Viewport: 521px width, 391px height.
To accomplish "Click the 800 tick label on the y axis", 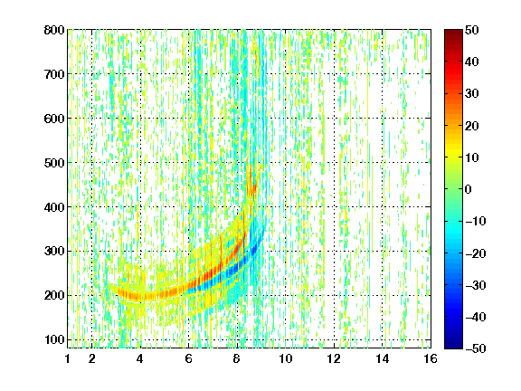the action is (54, 30).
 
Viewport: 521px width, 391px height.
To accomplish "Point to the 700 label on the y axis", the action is (54, 74).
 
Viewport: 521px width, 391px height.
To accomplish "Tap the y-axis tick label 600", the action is (54, 119).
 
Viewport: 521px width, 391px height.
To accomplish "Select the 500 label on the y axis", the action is (54, 163).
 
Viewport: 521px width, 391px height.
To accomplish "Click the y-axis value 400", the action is (54, 207).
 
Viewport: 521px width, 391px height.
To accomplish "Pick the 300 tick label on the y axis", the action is (54, 251).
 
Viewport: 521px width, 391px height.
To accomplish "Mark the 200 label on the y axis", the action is (54, 295).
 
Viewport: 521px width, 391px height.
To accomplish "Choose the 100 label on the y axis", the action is (54, 339).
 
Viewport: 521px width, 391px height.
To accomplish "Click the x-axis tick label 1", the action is (68, 358).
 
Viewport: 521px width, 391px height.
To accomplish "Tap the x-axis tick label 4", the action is (140, 358).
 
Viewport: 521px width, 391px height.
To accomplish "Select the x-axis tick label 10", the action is (286, 358).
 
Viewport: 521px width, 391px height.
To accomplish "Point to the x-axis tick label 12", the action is (334, 358).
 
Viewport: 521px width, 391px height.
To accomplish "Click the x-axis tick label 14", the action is (383, 358).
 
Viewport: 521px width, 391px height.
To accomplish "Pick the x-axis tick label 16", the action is (431, 358).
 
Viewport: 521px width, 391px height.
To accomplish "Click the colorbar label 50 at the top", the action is (471, 30).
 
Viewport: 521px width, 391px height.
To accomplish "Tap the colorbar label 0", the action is (469, 189).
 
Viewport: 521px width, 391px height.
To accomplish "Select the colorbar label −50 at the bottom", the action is (476, 348).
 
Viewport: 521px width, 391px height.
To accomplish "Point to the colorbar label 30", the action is (471, 94).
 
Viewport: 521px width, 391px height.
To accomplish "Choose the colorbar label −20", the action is (476, 253).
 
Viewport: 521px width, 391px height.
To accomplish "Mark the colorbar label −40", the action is (476, 317).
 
